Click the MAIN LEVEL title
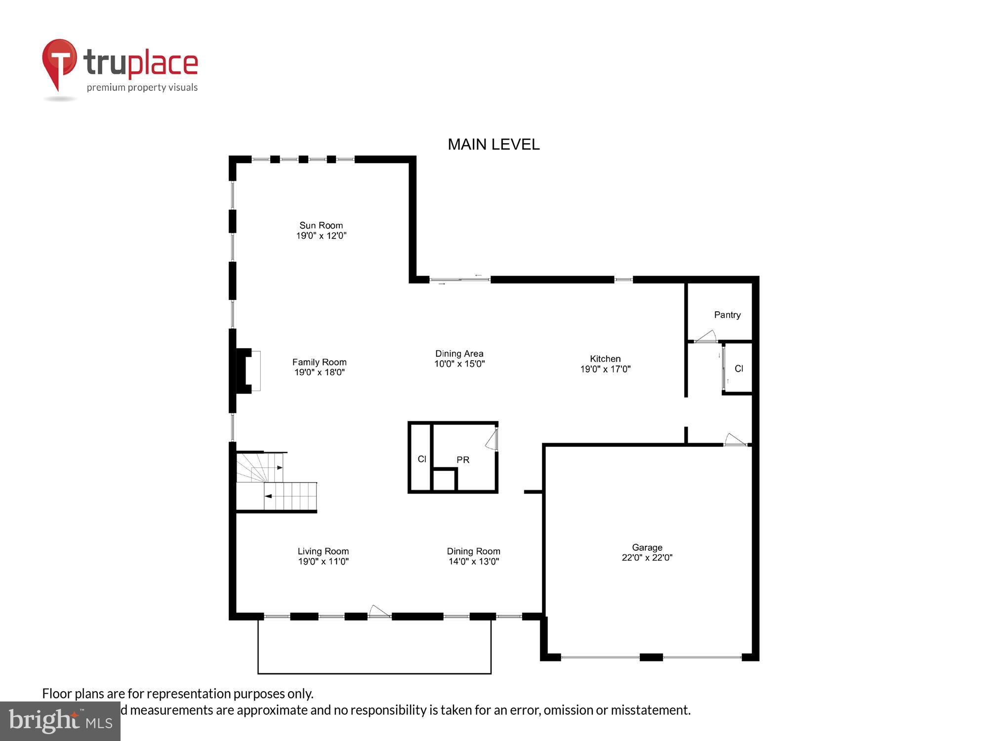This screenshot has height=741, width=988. point(493,144)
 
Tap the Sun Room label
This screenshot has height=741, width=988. point(321,226)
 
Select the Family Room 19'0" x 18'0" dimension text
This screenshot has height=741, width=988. point(320,372)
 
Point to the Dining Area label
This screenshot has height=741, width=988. point(459,354)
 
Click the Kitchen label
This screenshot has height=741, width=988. point(605,359)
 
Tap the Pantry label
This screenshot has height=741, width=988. point(727,315)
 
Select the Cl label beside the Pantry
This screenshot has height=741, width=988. point(739,369)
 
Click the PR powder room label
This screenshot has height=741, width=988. point(463,460)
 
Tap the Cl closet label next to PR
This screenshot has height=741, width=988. point(422,459)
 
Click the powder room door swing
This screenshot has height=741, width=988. point(492,440)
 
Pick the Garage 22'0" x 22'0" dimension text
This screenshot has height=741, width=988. point(647,558)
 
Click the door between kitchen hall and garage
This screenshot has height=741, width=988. point(735,440)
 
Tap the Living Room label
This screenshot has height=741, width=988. point(323,551)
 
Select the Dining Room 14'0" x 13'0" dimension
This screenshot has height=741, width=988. point(473,562)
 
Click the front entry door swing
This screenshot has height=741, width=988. point(379,612)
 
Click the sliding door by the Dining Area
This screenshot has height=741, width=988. point(459,280)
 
